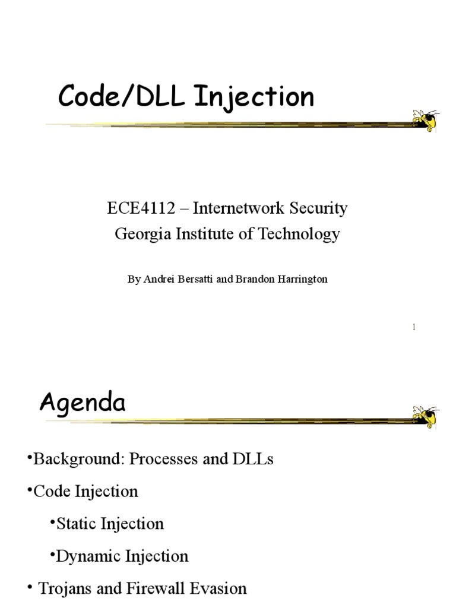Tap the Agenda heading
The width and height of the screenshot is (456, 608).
83,404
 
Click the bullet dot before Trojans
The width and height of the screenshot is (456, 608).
30,588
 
